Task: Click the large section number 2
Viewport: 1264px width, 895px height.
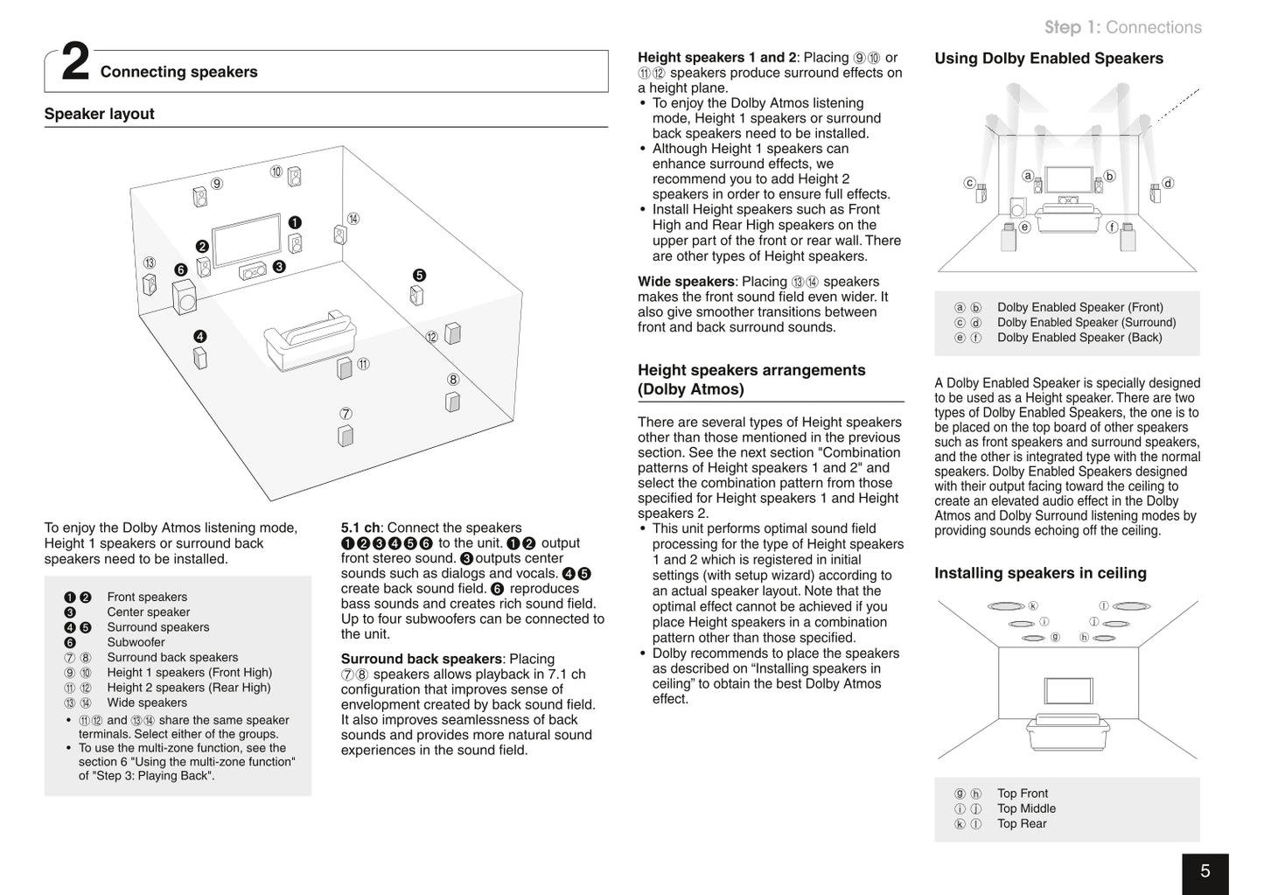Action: coord(75,65)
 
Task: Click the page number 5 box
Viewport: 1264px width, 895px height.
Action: coord(1205,871)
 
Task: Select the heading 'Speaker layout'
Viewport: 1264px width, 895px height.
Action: coord(99,114)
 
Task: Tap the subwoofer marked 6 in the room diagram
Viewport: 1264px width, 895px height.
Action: coord(185,297)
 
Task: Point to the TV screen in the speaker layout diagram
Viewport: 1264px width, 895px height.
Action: coord(248,239)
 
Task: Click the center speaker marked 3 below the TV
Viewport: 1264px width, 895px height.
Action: coord(253,271)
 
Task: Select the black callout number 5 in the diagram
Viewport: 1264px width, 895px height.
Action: coord(419,275)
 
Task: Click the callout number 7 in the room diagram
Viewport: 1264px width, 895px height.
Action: coord(346,414)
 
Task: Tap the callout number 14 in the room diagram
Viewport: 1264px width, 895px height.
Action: coord(353,219)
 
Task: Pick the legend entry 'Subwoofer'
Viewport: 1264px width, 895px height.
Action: coord(136,642)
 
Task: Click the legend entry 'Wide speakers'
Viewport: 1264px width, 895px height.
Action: coord(147,703)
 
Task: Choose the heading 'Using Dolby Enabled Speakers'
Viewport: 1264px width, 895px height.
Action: coord(1049,59)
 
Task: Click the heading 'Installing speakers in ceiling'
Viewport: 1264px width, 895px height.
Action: coord(1040,573)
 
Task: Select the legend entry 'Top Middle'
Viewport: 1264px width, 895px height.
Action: coord(1026,808)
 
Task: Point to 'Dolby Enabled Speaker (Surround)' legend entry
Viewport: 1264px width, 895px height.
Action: coord(1086,322)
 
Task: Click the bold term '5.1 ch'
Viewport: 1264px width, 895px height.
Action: coord(360,528)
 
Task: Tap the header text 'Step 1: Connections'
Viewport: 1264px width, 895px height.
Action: coord(1122,27)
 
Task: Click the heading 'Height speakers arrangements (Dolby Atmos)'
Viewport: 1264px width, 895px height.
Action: coord(751,380)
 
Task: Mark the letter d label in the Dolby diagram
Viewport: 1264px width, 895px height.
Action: coord(1168,183)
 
